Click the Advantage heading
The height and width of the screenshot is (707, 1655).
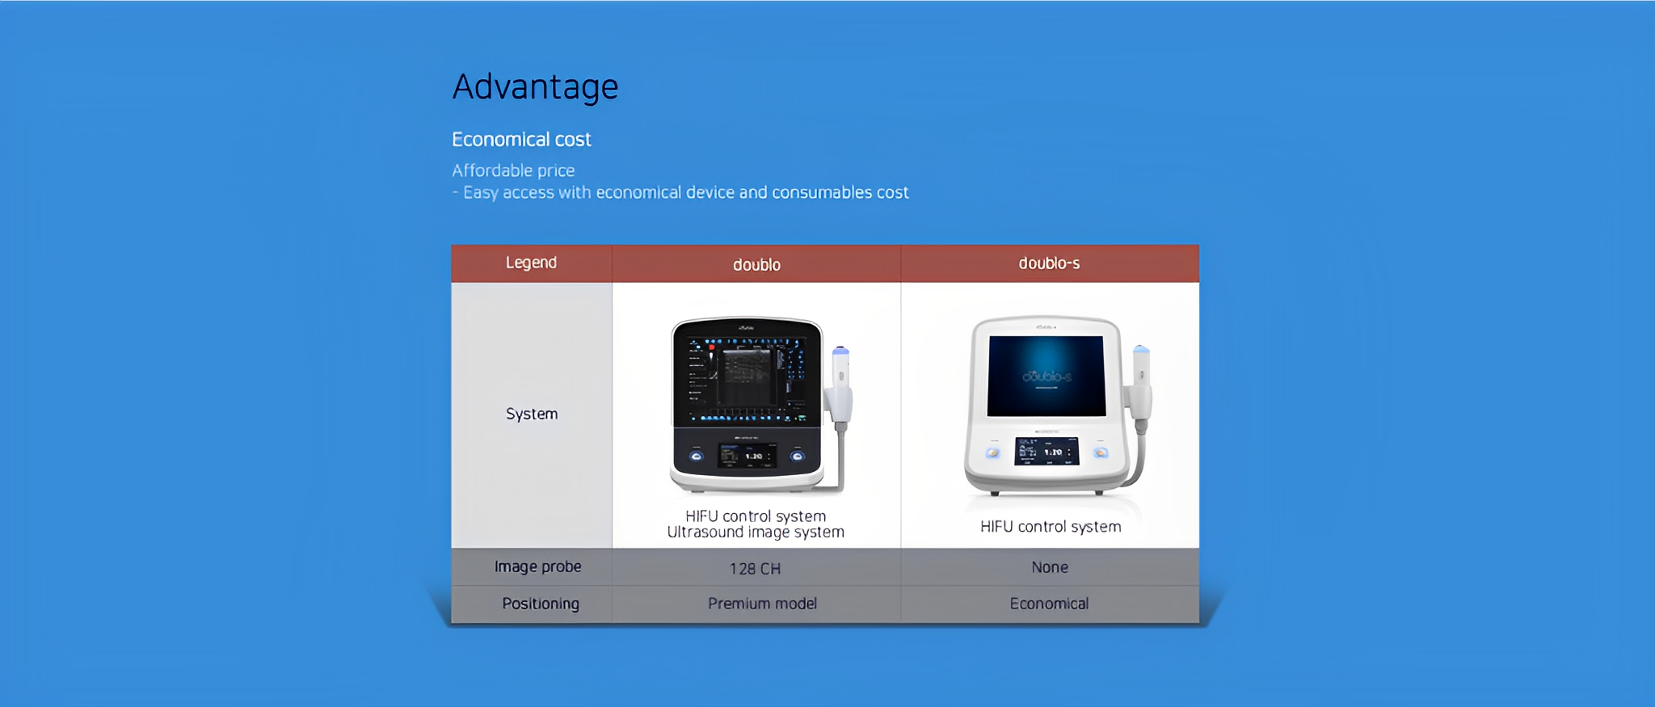535,87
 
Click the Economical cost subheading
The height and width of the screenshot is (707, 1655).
521,140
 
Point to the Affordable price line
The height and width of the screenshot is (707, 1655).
513,170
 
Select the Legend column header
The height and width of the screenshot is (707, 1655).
531,263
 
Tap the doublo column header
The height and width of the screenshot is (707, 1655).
756,265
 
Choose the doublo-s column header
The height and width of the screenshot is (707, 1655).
1049,263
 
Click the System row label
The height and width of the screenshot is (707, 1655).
532,414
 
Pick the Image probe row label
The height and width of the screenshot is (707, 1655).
537,567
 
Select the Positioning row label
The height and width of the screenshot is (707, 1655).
541,604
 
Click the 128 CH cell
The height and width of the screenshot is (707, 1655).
755,569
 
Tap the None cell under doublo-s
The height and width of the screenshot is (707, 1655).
1050,567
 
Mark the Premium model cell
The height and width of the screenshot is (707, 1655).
762,604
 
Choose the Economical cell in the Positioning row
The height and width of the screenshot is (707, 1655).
1049,604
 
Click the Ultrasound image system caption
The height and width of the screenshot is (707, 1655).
756,532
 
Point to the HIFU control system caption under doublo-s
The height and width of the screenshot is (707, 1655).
1051,527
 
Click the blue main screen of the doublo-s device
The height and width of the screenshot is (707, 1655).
1046,376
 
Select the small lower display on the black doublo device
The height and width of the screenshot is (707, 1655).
747,456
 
